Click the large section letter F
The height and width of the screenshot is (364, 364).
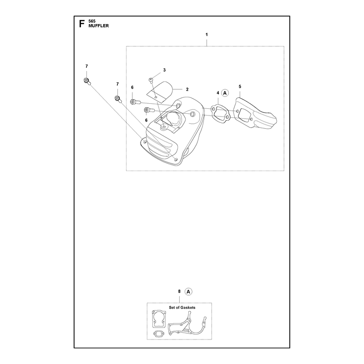(81, 24)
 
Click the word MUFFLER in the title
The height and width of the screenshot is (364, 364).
(98, 26)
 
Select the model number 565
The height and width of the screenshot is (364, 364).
(92, 21)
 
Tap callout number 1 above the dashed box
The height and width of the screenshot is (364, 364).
(207, 35)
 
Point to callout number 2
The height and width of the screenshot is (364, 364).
(187, 89)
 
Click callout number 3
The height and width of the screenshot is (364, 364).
(164, 70)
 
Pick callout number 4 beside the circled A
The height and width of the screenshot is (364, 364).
(218, 93)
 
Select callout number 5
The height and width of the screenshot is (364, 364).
(240, 86)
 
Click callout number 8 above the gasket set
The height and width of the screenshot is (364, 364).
(179, 291)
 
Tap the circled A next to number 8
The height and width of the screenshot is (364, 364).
(188, 292)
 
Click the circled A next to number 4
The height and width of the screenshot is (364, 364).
(225, 93)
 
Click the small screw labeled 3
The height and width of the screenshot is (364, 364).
(151, 81)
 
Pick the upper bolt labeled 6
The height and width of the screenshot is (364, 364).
(135, 101)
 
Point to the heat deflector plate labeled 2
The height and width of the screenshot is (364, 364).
(160, 91)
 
